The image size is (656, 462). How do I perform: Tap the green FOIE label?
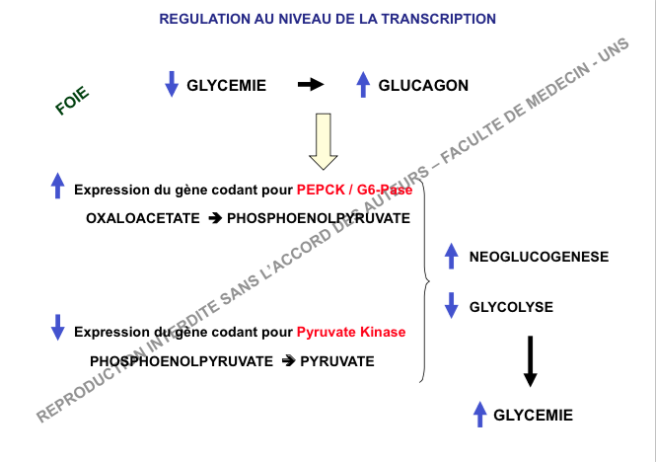(73, 101)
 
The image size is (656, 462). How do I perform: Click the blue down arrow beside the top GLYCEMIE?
(172, 85)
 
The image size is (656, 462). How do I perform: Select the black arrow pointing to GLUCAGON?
(311, 85)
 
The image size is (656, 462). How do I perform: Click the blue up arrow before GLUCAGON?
(363, 85)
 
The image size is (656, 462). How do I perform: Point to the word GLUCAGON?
(423, 86)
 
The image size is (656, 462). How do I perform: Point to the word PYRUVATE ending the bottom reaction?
(337, 361)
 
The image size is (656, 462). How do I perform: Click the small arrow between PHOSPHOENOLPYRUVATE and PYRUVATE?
(288, 361)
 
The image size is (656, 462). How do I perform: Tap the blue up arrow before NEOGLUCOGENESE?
(452, 256)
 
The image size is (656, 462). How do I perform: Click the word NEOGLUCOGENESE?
(539, 257)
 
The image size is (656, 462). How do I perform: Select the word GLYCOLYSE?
(511, 306)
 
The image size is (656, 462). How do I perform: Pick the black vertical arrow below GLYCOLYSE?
(531, 360)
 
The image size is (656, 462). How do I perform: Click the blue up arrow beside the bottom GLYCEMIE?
(479, 415)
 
